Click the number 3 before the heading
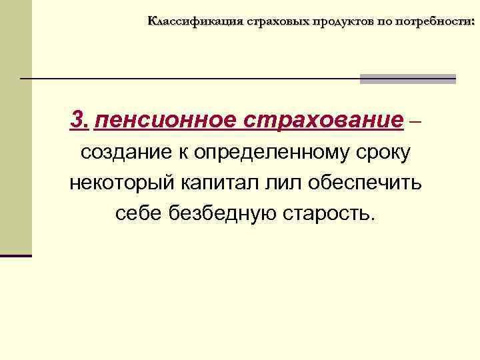(x=78, y=121)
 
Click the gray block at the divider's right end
(x=407, y=79)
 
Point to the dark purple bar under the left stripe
(x=16, y=255)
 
